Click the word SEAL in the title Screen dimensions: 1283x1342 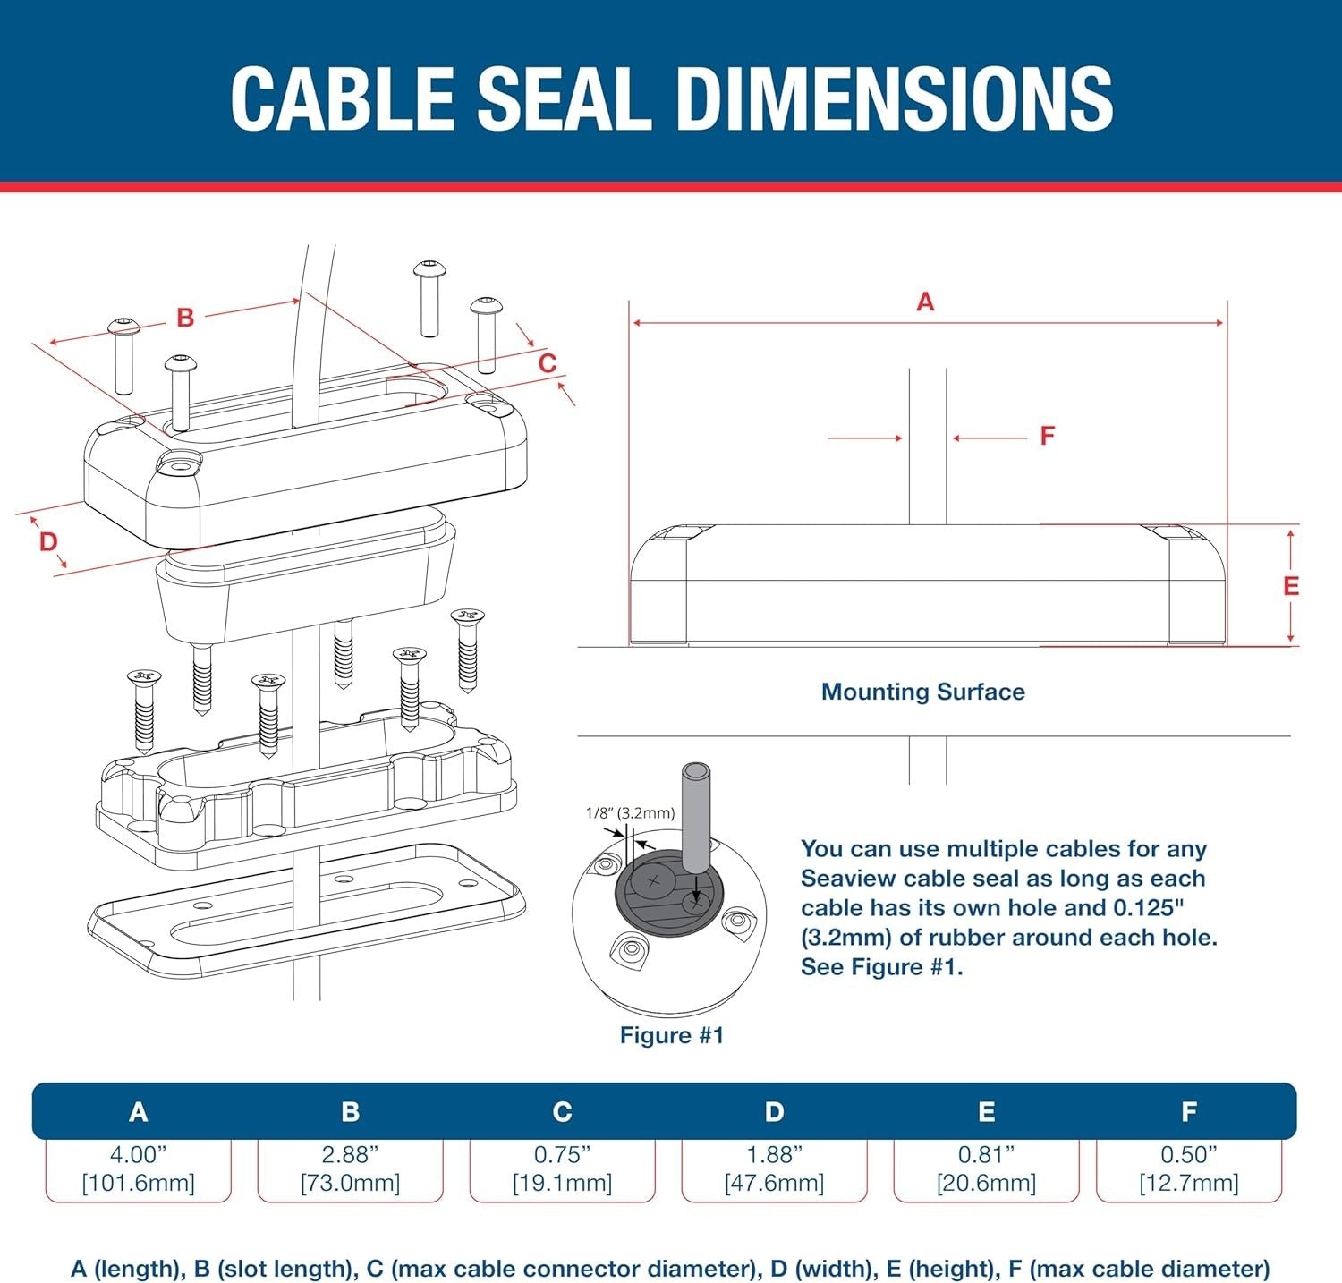point(563,98)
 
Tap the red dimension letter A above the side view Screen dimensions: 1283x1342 point(925,302)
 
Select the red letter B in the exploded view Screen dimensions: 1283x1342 point(185,318)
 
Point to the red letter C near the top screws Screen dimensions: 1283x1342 point(547,363)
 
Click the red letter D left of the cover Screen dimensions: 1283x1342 point(48,541)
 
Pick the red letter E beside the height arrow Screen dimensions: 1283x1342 point(1290,586)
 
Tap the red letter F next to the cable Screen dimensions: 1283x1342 point(1047,436)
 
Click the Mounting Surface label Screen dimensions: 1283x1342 point(922,692)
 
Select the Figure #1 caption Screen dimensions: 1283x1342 point(671,1035)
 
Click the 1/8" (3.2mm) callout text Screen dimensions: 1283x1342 point(630,813)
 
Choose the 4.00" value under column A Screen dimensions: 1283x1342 point(138,1154)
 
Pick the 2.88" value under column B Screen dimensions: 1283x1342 point(350,1154)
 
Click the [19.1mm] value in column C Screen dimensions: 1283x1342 point(562,1183)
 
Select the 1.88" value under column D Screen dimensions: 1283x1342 point(774,1154)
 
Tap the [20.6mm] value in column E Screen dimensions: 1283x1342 point(986,1183)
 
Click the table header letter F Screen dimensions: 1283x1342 point(1188,1111)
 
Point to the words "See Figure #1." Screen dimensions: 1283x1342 point(881,967)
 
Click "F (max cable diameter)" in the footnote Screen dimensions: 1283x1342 point(1138,1268)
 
